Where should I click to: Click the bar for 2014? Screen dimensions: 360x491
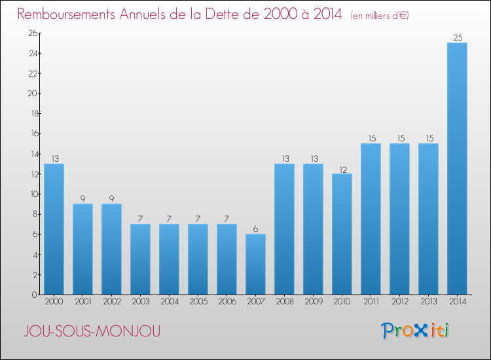coord(457,169)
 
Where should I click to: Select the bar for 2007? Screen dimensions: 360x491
coord(255,264)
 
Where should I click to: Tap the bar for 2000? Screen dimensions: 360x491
coord(54,229)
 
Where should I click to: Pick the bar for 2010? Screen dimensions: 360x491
coord(342,234)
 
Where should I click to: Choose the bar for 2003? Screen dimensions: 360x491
coord(140,259)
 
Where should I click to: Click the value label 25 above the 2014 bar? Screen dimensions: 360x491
coord(457,37)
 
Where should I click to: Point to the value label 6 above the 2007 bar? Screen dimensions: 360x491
coord(255,228)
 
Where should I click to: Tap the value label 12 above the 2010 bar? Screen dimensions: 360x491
coord(342,168)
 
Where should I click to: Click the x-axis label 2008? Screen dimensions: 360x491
coord(284,302)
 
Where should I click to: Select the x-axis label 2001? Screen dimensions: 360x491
coord(82,302)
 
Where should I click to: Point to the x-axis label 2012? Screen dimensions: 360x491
coord(399,302)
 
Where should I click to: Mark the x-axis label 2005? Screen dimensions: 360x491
coord(198,302)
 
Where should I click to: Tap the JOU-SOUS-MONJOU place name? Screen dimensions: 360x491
coord(91,332)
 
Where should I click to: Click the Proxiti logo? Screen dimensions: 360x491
coord(415,331)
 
